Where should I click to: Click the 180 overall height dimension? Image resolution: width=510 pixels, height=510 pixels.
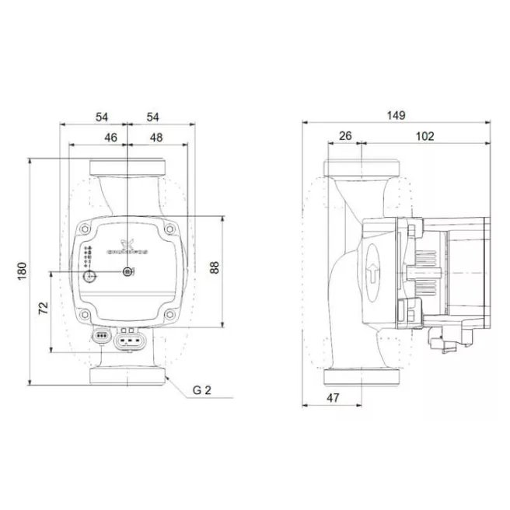pos(23,271)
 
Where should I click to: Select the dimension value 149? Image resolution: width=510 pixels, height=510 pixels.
pos(396,116)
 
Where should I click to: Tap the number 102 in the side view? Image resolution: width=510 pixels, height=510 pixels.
pos(424,136)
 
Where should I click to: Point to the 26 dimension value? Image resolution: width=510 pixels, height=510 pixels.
pos(345,136)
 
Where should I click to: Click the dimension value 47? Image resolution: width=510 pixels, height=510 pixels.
pos(332,397)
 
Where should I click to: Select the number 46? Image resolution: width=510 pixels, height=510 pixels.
pos(111,137)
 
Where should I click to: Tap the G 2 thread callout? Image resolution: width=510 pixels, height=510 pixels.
pos(201,389)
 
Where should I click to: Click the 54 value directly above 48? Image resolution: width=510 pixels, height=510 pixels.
pos(153,117)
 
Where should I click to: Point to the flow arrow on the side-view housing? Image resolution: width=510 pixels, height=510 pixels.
pos(373,274)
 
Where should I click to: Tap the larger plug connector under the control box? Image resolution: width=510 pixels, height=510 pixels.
pos(130,340)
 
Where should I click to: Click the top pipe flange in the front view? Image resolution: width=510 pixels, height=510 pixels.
pos(127,168)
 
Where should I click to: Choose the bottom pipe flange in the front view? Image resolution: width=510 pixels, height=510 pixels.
pos(127,376)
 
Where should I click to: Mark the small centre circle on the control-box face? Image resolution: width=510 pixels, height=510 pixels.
pos(127,271)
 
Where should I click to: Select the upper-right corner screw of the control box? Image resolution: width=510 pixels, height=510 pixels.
pos(169,229)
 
